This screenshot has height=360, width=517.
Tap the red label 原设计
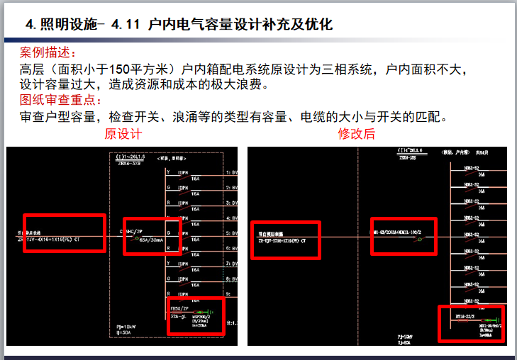click(123, 134)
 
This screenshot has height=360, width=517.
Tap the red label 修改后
click(357, 134)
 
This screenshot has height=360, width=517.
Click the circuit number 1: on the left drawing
click(229, 172)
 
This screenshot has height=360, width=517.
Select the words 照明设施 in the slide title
click(65, 25)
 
